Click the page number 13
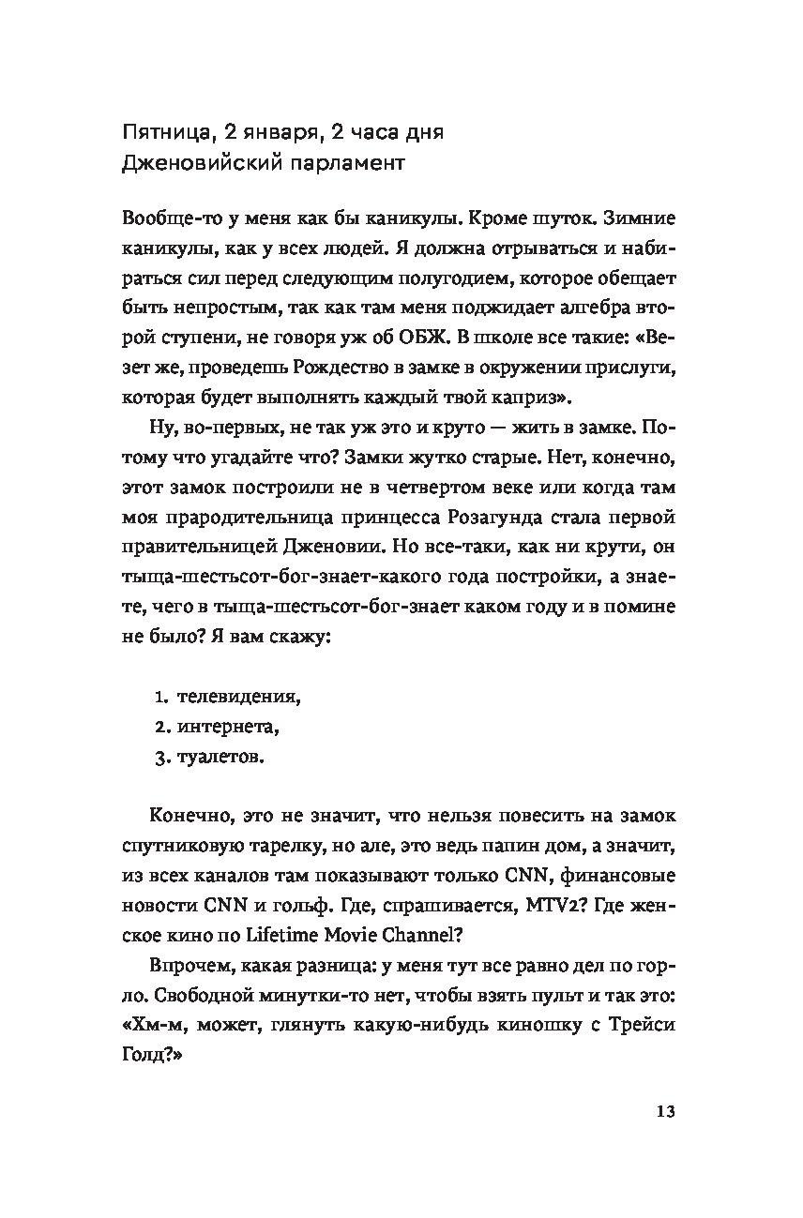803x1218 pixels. pos(665,1111)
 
